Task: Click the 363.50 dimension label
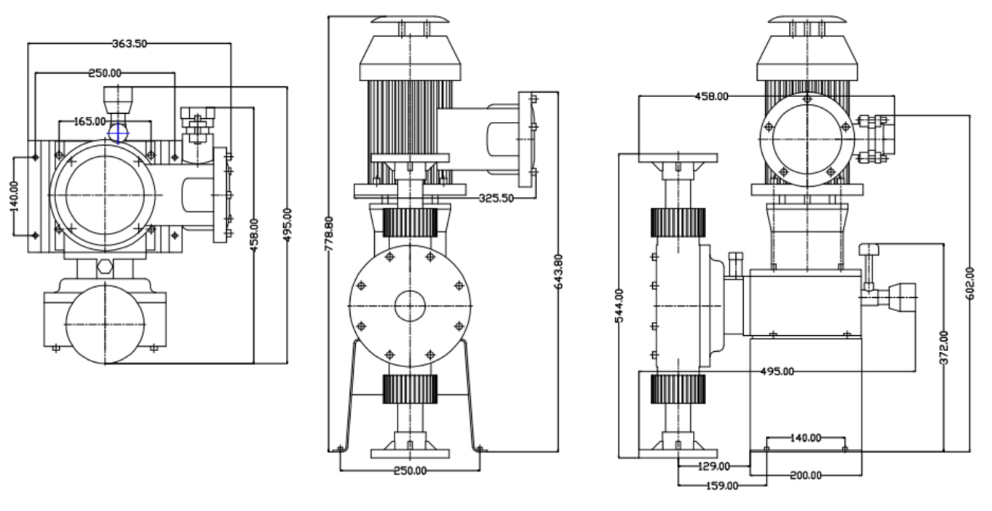pyautogui.click(x=130, y=43)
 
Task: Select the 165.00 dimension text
pyautogui.click(x=90, y=121)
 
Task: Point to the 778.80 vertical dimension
pyautogui.click(x=330, y=233)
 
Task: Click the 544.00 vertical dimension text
pyautogui.click(x=619, y=306)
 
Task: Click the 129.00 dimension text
pyautogui.click(x=714, y=466)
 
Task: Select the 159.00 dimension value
pyautogui.click(x=722, y=485)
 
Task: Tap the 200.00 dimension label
pyautogui.click(x=805, y=475)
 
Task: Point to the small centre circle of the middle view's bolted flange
pyautogui.click(x=410, y=304)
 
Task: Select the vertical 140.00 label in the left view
pyautogui.click(x=15, y=196)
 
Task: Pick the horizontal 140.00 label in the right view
pyautogui.click(x=805, y=438)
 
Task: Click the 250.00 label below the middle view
pyautogui.click(x=410, y=470)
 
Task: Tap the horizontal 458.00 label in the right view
pyautogui.click(x=711, y=96)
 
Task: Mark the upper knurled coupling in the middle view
pyautogui.click(x=409, y=222)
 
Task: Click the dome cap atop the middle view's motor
pyautogui.click(x=411, y=19)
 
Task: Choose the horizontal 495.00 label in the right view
pyautogui.click(x=777, y=372)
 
